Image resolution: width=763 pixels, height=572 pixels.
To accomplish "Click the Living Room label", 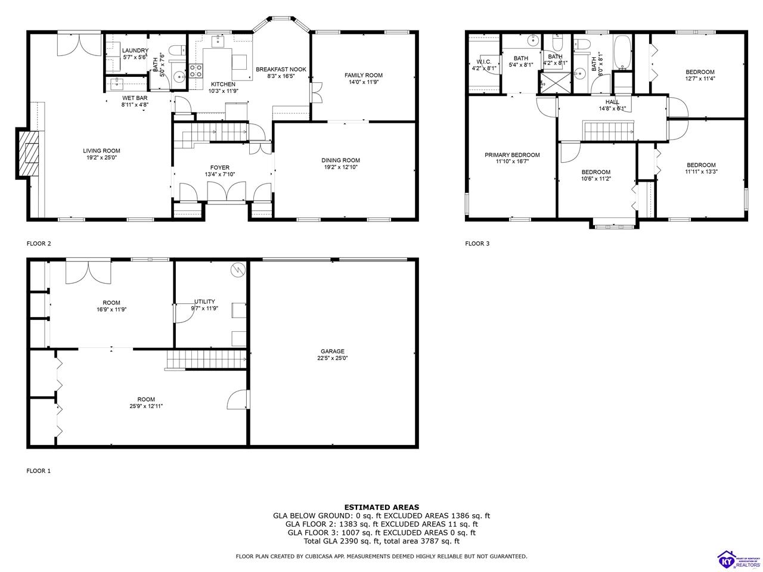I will point(101,151).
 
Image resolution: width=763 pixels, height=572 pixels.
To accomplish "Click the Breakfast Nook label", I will point(281,69).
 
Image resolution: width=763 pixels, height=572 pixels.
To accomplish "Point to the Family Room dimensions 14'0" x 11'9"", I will point(363,82).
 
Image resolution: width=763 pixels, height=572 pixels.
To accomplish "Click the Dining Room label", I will point(340,160).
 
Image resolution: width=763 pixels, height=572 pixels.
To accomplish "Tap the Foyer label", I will point(219,167).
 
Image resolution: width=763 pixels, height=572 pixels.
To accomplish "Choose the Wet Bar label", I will point(135,98).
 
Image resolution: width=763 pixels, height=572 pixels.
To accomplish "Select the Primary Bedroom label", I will point(511,155).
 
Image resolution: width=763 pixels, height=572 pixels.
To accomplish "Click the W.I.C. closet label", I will point(483,61).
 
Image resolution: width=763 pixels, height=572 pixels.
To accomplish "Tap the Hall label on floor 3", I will point(612,102).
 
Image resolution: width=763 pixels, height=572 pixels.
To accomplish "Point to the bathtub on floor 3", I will point(622,52).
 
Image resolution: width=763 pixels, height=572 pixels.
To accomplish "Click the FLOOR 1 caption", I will point(39,471).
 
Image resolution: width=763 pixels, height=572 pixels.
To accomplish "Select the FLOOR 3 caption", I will point(477,243).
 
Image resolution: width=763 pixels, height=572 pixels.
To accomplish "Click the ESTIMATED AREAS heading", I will point(381,507).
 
